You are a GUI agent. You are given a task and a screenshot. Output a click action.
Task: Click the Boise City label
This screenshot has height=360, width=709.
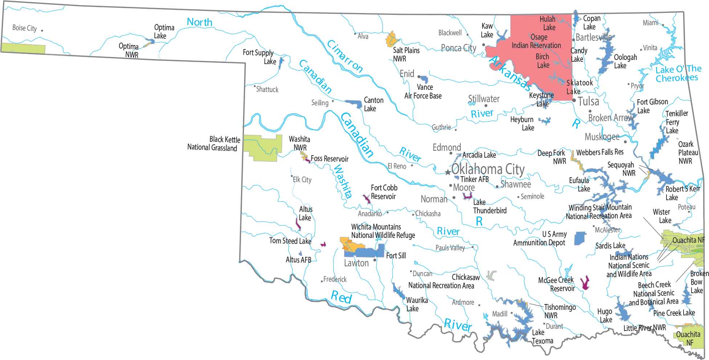click(x=24, y=28)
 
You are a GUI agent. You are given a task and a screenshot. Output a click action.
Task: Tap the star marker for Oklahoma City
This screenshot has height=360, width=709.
click(x=448, y=172)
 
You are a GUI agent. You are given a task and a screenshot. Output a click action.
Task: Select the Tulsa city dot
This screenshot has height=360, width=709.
click(x=574, y=100)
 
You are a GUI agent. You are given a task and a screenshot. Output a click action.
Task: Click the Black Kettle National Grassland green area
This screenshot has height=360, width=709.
click(x=262, y=147)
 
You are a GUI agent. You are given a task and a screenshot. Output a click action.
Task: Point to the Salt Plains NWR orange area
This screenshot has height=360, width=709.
click(x=392, y=39)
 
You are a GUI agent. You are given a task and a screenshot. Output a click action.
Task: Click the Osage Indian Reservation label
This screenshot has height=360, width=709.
click(x=537, y=41)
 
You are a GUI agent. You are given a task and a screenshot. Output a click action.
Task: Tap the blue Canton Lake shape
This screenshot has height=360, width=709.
click(x=355, y=104)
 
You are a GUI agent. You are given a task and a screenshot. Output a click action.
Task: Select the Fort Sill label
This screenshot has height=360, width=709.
click(x=396, y=256)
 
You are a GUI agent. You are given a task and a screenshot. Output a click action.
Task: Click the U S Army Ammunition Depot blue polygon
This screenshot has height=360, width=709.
click(x=580, y=238)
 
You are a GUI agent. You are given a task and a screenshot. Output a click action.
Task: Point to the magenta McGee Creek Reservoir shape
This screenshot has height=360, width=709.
click(x=585, y=283)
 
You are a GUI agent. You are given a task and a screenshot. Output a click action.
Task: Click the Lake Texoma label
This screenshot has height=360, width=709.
click(x=542, y=337)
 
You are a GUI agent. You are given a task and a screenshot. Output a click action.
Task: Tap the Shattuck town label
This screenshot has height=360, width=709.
click(x=267, y=89)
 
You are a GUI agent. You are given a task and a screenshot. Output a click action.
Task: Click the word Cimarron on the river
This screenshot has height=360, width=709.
click(x=345, y=56)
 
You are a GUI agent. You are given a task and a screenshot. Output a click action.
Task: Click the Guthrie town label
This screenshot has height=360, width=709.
click(x=441, y=127)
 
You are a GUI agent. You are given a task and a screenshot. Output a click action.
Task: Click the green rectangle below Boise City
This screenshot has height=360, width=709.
click(x=23, y=48)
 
